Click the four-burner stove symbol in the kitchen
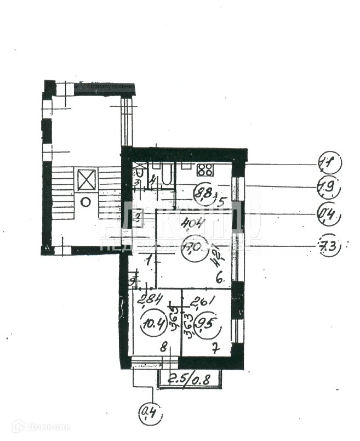click(205, 170)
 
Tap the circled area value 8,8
click(205, 193)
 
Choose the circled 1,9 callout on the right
click(329, 188)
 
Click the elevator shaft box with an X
click(87, 180)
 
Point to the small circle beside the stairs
click(85, 202)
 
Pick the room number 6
click(219, 279)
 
